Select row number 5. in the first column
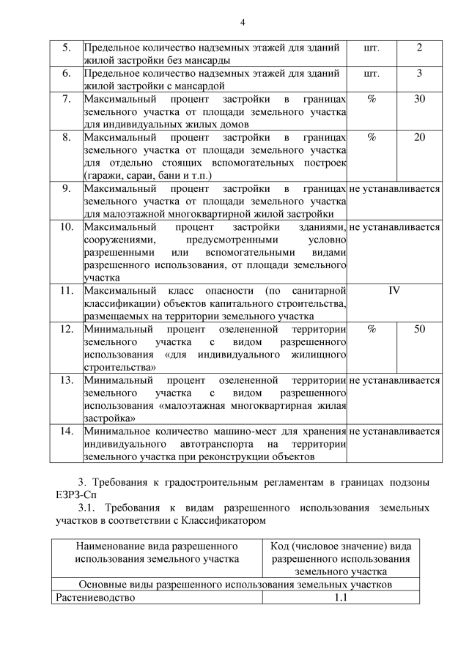tap(66, 48)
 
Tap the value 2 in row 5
tap(419, 48)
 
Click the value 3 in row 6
tap(419, 73)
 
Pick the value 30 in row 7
tap(419, 99)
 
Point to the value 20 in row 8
tap(419, 137)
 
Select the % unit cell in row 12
tap(372, 329)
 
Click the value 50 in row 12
tap(419, 329)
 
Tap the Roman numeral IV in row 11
tap(394, 290)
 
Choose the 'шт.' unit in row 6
tap(372, 73)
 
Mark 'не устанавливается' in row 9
tap(395, 188)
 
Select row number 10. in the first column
tap(66, 226)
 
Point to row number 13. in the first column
tap(66, 380)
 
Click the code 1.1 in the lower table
tap(340, 597)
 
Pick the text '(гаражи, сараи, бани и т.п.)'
tap(147, 175)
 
